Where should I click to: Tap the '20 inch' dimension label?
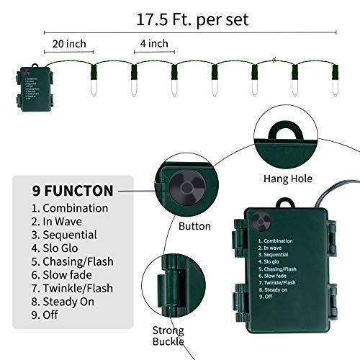click(69, 45)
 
